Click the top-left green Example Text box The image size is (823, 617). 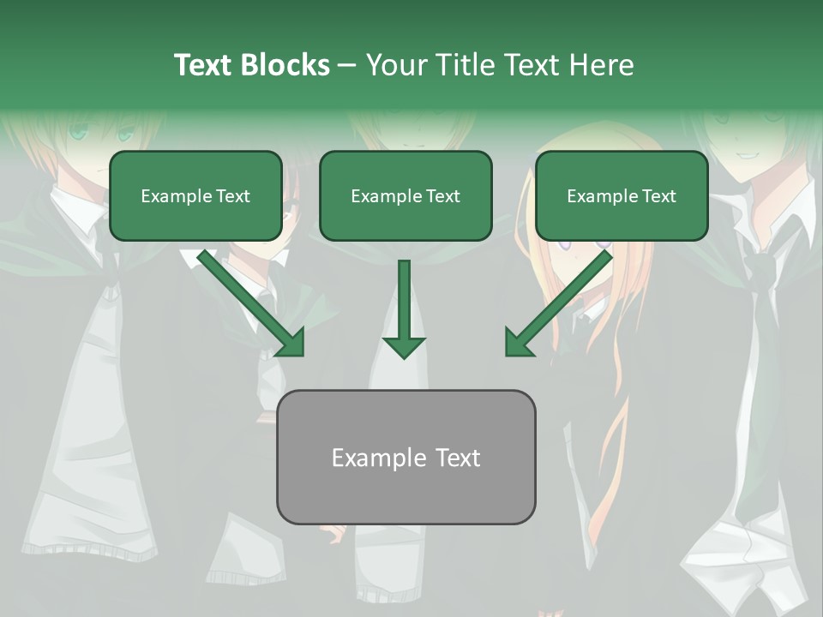coord(195,195)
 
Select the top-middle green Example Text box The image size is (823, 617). coord(405,195)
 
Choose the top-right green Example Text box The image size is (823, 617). coord(622,195)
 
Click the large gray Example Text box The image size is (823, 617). coord(405,458)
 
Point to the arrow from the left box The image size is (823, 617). coord(249,300)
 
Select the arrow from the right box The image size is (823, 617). coord(562,300)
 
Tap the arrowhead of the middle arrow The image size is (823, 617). coord(404,346)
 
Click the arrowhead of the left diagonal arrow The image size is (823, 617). coord(291,342)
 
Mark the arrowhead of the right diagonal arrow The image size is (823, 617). coord(518,342)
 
